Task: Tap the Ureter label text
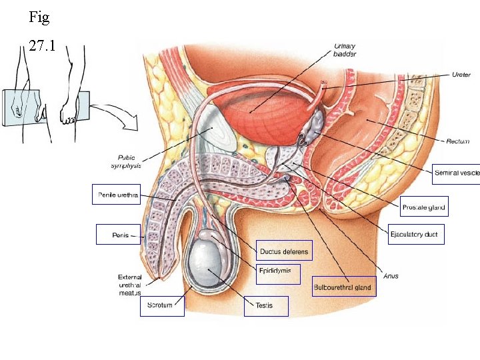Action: (461, 74)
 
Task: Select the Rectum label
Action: (458, 141)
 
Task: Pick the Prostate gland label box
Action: (424, 207)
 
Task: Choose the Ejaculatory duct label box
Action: (416, 235)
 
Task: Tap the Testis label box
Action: (266, 306)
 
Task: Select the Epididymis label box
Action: (279, 272)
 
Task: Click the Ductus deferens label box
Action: (284, 251)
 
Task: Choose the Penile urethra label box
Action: (115, 195)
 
